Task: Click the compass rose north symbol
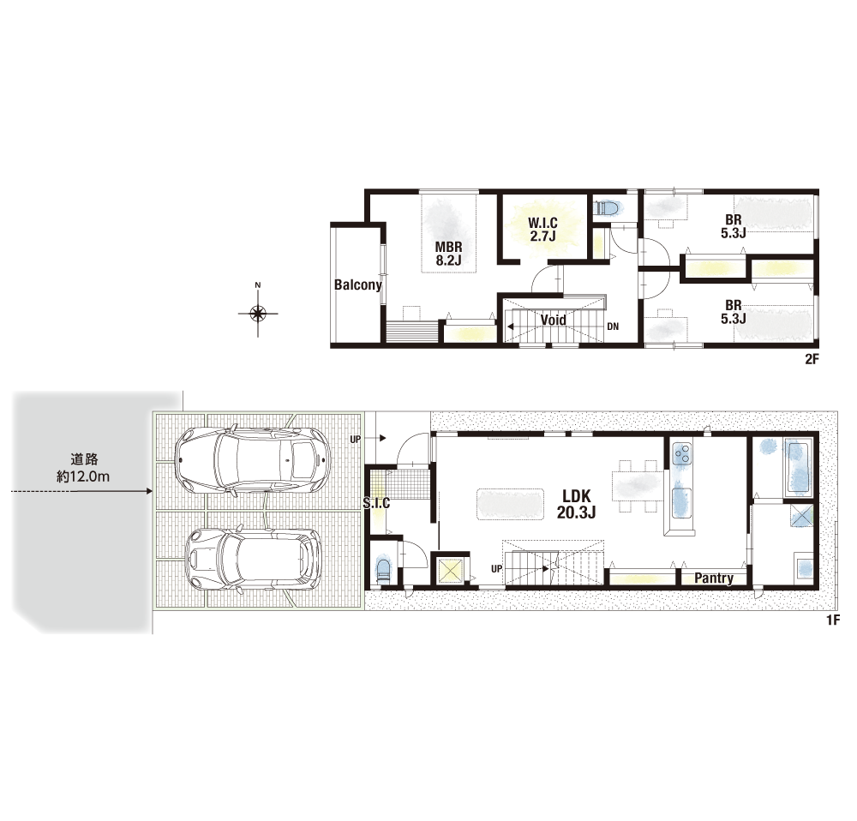258,313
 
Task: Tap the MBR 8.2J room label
449,254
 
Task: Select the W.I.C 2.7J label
542,230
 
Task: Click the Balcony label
358,285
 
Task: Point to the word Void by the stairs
553,320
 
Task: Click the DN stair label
613,327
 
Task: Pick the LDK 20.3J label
576,504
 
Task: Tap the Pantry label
714,578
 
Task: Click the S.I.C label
376,503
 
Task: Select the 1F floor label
832,620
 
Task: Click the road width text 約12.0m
83,476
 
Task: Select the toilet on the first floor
384,572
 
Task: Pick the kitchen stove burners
681,453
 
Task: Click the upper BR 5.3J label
733,226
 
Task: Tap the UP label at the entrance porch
356,439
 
